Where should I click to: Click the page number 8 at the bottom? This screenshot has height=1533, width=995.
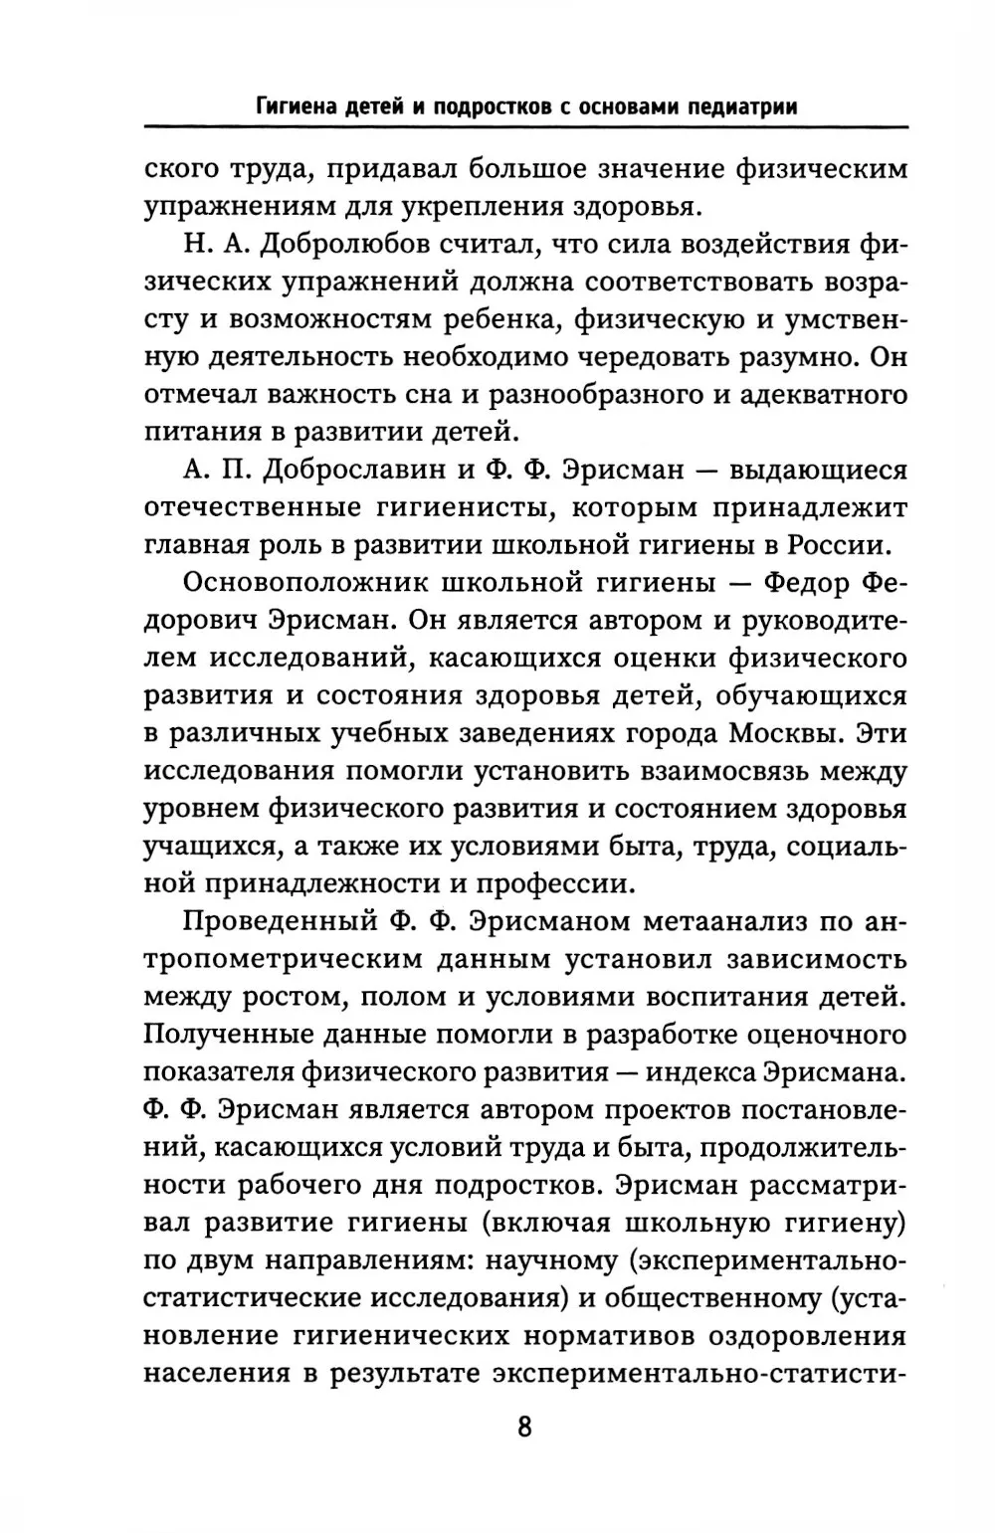(524, 1427)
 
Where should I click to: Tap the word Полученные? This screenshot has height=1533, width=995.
(240, 1035)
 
